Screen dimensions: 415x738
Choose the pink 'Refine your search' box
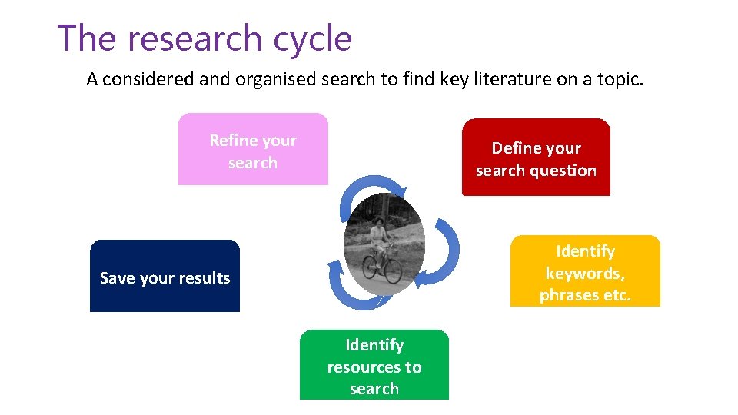pyautogui.click(x=253, y=150)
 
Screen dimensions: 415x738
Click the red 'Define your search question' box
pyautogui.click(x=536, y=158)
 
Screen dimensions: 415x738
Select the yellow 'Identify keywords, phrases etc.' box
pyautogui.click(x=585, y=271)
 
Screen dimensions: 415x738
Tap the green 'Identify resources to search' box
pyautogui.click(x=374, y=365)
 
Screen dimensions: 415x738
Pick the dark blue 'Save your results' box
pyautogui.click(x=165, y=277)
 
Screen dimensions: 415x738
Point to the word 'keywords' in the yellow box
pyautogui.click(x=585, y=273)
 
